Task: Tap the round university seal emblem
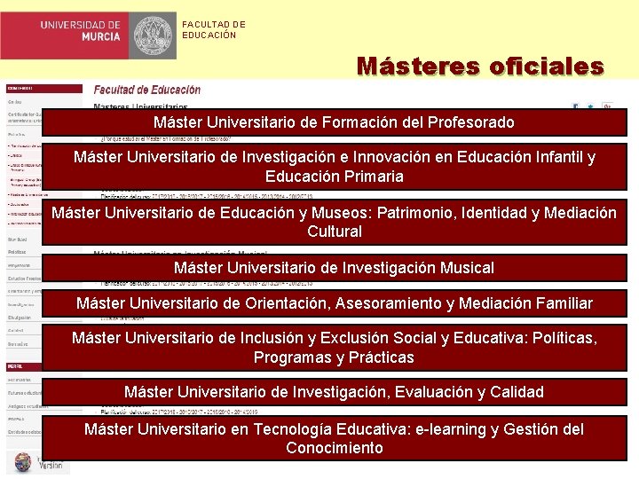point(154,35)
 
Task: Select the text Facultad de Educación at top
point(214,30)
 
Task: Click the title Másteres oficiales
point(480,67)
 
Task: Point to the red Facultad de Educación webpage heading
point(147,90)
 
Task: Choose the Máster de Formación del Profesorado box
point(333,122)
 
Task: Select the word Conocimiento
point(335,448)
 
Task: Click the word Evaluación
point(412,392)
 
